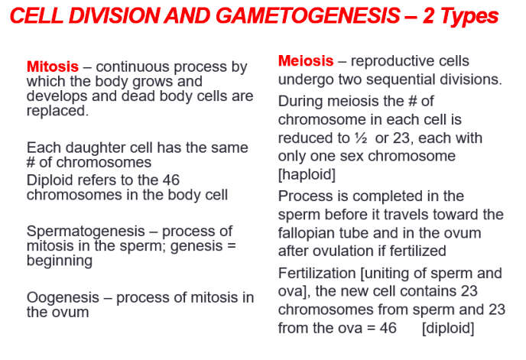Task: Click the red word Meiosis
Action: click(x=306, y=61)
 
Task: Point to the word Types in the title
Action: click(x=467, y=15)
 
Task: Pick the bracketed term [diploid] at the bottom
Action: click(x=448, y=329)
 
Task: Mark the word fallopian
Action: click(x=306, y=232)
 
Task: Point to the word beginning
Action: click(x=59, y=261)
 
